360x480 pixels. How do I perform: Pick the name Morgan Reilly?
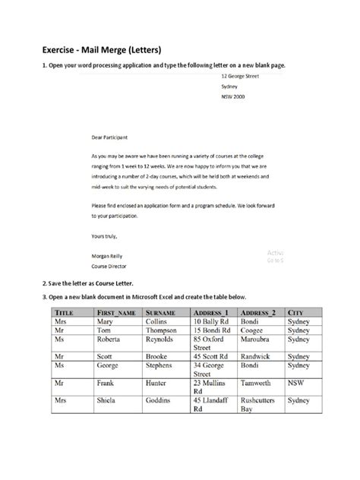click(x=108, y=257)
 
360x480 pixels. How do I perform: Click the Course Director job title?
click(x=109, y=267)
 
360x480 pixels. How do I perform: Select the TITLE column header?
click(x=68, y=312)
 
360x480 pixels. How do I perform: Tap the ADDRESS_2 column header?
click(x=258, y=312)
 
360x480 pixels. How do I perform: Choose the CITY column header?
click(x=297, y=312)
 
